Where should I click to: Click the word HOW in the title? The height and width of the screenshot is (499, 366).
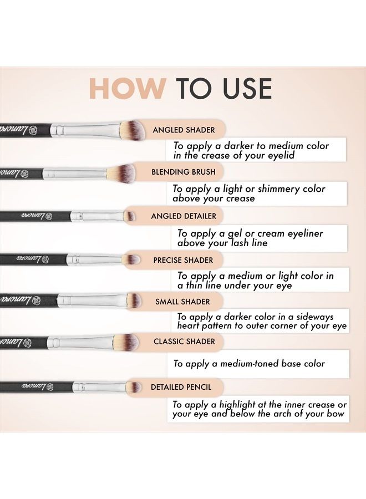[127, 89]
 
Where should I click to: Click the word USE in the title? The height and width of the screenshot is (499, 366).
[244, 89]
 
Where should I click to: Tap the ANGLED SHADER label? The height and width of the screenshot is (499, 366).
[184, 130]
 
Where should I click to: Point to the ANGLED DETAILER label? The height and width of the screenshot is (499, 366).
[184, 216]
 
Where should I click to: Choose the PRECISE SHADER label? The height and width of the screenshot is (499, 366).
[183, 259]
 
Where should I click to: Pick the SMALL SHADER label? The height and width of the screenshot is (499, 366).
[182, 302]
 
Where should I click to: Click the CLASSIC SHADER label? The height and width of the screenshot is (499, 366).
[184, 342]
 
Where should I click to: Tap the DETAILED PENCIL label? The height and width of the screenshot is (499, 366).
[181, 387]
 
